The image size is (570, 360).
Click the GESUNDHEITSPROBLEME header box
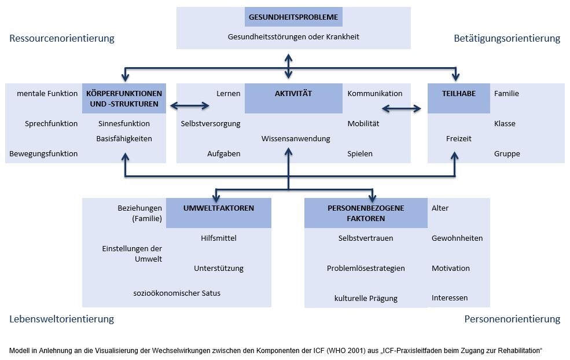(x=293, y=17)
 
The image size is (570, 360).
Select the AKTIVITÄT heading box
(x=293, y=98)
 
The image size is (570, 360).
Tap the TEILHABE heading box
(x=459, y=98)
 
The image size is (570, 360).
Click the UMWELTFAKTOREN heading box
(x=219, y=213)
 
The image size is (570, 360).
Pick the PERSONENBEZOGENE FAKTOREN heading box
(x=366, y=213)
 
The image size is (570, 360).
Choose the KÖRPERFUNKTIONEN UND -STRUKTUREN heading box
(x=124, y=98)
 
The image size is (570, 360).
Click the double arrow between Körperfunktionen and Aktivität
(x=190, y=106)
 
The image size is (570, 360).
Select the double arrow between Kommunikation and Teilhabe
(x=402, y=108)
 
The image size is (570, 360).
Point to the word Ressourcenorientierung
(x=62, y=38)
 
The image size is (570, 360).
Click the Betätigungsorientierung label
(x=507, y=38)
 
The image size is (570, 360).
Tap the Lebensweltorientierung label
(x=61, y=319)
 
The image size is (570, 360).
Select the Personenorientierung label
(x=513, y=319)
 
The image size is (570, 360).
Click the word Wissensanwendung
(x=296, y=138)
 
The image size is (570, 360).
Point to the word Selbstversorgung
(x=211, y=124)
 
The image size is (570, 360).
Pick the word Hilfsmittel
(x=219, y=238)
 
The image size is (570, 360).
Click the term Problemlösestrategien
(x=366, y=269)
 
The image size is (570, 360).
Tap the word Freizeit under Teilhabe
(x=459, y=138)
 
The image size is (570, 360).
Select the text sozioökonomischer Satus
(x=176, y=293)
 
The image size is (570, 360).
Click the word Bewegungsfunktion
(x=43, y=154)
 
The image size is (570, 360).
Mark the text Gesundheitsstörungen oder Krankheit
(x=293, y=36)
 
